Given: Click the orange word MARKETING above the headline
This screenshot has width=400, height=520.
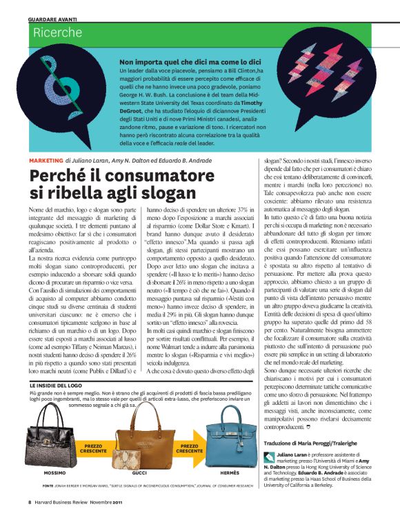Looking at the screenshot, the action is (x=46, y=160).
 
